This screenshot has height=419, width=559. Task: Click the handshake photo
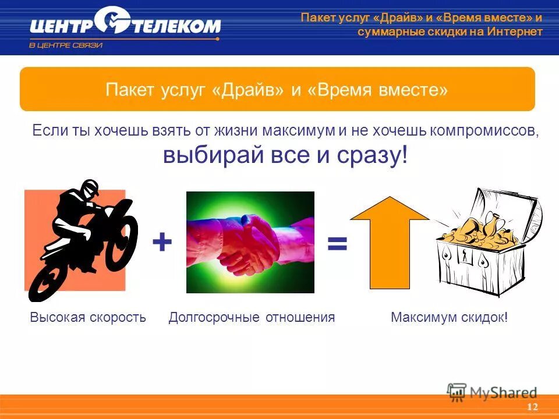coord(250,242)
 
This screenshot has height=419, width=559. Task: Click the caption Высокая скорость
coord(87,317)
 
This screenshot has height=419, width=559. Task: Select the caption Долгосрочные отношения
coord(252,317)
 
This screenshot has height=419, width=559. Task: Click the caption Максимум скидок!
coord(449,317)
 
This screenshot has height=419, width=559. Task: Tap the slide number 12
coord(531,407)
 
